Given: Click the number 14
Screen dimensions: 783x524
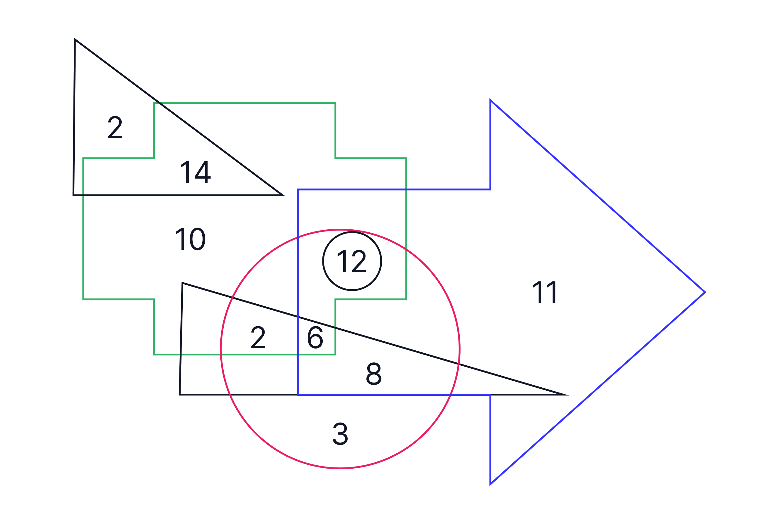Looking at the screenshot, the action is (195, 172).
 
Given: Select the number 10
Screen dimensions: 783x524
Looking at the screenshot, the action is (191, 239).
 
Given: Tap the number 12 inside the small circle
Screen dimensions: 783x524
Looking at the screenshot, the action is (352, 261).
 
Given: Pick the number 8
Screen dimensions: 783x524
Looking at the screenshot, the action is (374, 374).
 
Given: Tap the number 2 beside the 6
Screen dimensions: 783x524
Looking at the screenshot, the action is (258, 337).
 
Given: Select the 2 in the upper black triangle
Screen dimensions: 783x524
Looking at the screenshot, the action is (115, 127).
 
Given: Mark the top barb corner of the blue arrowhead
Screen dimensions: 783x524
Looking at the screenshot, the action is (490, 100).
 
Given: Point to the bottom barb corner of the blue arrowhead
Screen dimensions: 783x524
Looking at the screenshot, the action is (490, 484).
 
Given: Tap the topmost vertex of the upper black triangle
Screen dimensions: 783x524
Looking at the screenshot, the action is (75, 39).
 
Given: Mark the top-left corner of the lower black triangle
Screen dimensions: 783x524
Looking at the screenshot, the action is (182, 283).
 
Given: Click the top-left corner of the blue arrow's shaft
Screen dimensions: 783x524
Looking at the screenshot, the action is (298, 190).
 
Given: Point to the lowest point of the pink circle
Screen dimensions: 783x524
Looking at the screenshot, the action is (340, 469).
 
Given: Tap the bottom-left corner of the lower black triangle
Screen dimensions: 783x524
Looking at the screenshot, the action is (180, 395).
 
